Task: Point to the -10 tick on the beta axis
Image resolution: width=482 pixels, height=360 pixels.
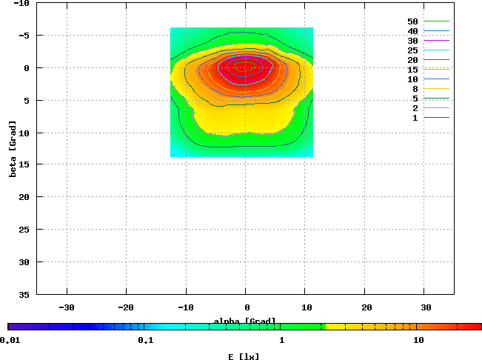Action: click(x=21, y=4)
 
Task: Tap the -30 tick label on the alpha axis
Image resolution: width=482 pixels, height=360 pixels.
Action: click(x=67, y=307)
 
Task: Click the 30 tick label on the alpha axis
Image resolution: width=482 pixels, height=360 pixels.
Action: click(x=426, y=307)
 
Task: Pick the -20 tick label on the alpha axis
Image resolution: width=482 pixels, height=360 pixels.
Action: click(x=126, y=307)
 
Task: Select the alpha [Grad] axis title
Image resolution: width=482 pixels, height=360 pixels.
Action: click(x=245, y=321)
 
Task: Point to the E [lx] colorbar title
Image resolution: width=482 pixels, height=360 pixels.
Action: click(x=244, y=356)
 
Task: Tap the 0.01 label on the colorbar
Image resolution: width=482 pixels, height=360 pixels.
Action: click(x=10, y=340)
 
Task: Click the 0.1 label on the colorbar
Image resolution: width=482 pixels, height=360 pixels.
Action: click(x=145, y=340)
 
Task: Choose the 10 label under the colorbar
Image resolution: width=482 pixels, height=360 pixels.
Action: click(x=418, y=340)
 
